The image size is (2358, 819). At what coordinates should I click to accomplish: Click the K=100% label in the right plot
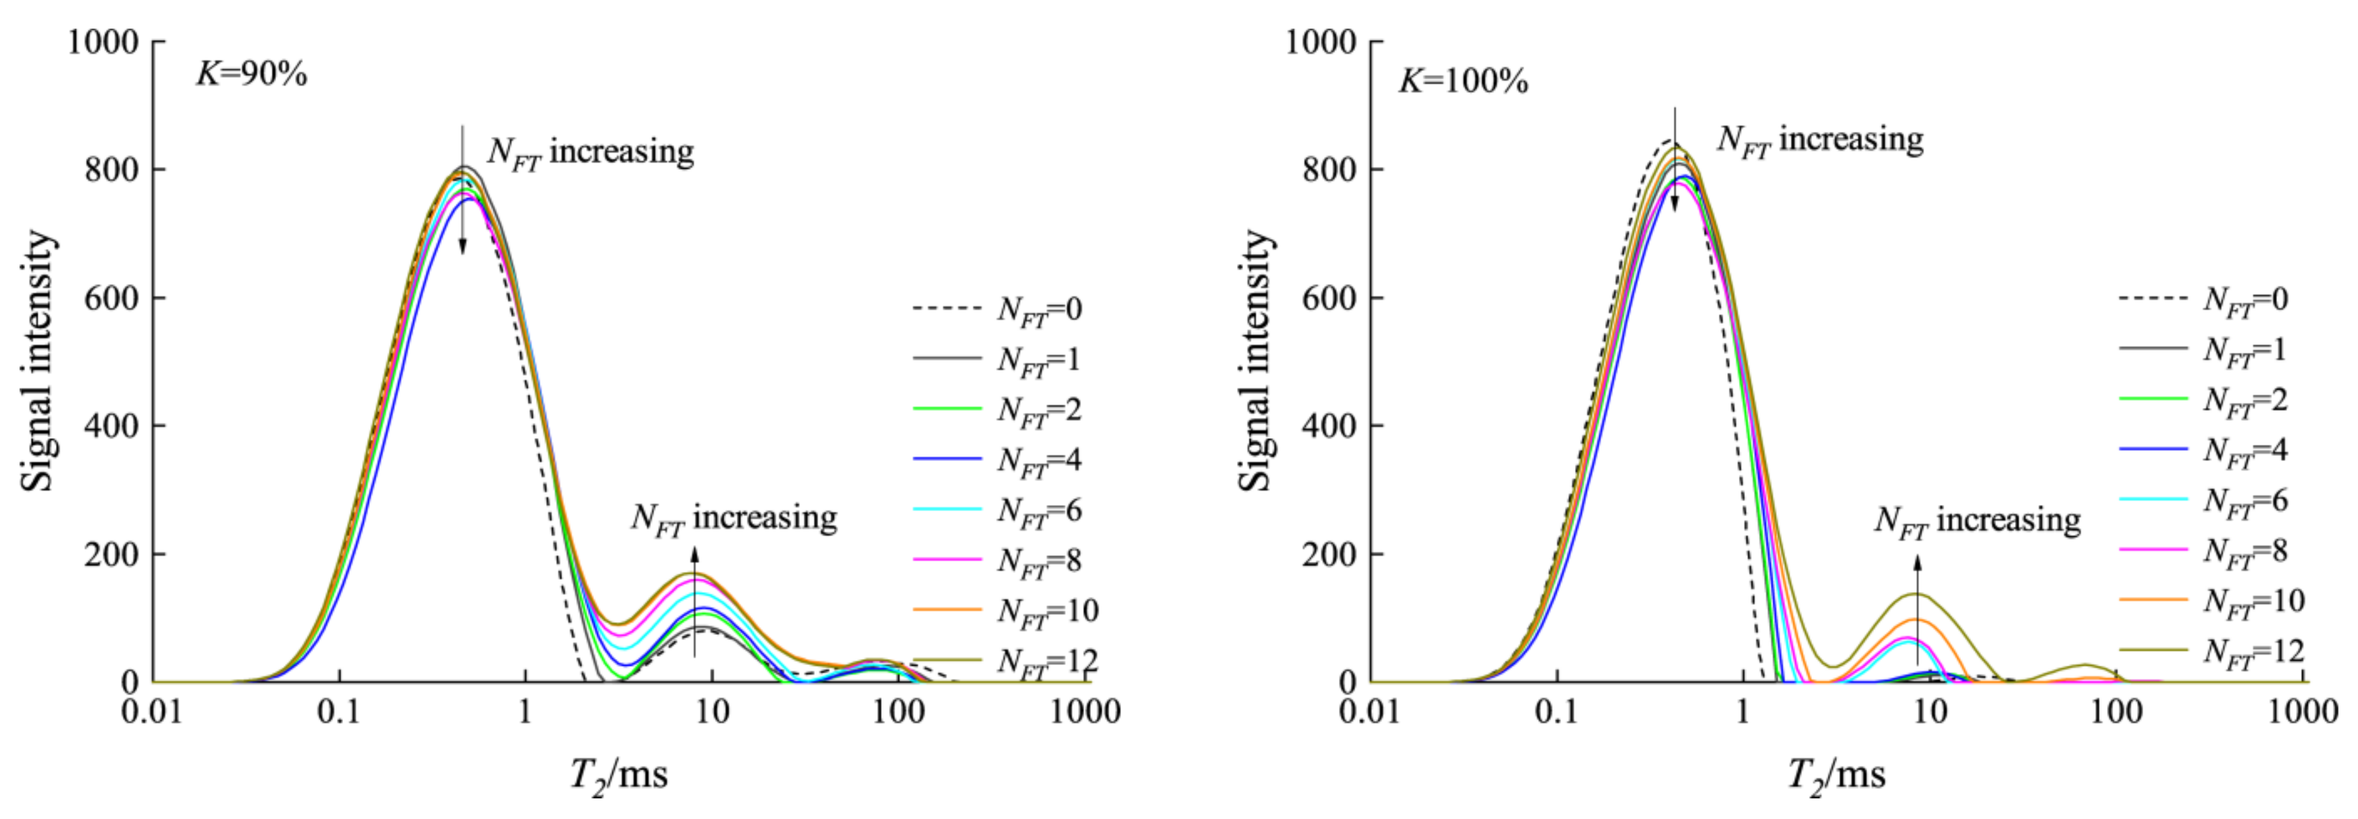point(1463,82)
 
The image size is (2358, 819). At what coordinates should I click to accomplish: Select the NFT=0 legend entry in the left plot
point(998,309)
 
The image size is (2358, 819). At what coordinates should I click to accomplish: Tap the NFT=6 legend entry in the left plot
point(998,510)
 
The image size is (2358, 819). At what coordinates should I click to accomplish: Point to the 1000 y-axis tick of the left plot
point(102,42)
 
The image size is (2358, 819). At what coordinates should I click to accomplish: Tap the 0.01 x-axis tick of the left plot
point(152,711)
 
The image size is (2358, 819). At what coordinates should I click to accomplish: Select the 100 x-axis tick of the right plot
point(2116,711)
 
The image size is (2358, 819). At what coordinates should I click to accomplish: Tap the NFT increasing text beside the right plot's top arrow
point(1820,140)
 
